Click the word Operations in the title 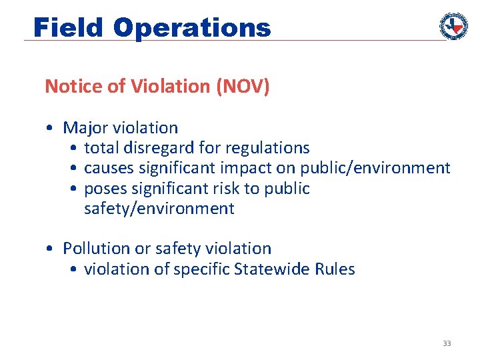192,27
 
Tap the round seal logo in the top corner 453,26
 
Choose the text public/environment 375,168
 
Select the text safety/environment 159,209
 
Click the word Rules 336,269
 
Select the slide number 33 447,343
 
